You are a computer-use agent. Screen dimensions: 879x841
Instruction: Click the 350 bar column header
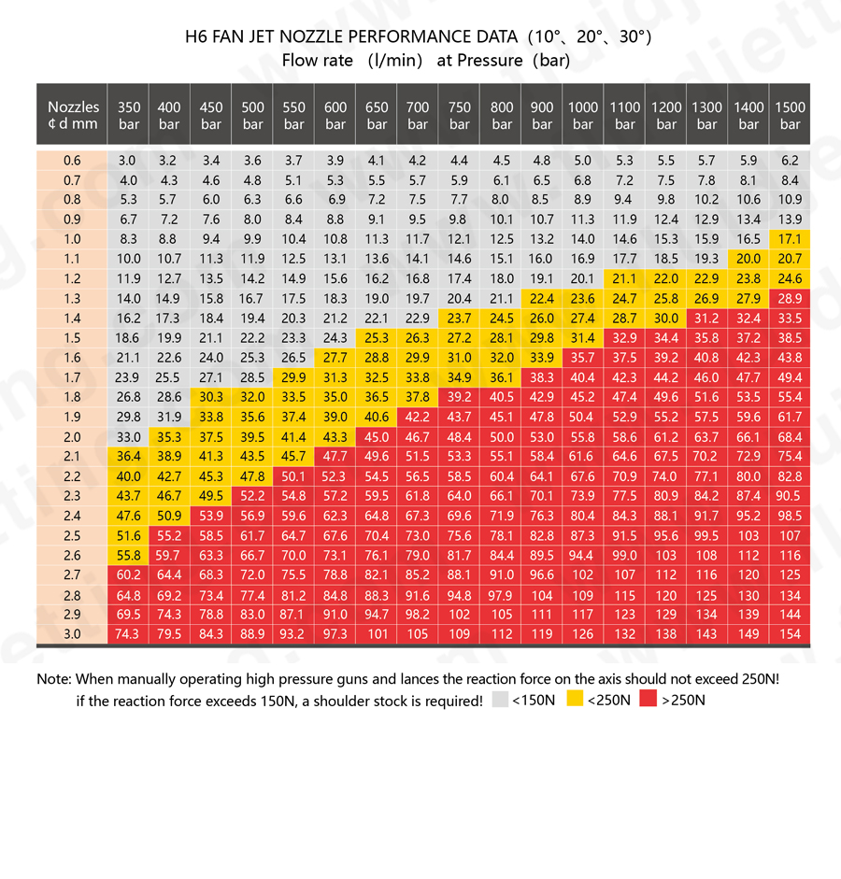pos(129,115)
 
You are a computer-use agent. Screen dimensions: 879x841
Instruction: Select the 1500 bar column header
pos(790,115)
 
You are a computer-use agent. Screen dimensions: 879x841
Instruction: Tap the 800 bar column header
pos(502,115)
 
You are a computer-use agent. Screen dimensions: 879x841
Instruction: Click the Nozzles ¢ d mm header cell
pos(72,115)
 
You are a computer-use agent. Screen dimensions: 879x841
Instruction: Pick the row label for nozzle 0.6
pos(72,161)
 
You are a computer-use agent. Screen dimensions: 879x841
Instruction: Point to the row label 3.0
pos(72,634)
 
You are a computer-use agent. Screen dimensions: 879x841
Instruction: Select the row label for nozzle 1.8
pos(72,397)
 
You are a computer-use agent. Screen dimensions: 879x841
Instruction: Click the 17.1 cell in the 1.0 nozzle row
pos(790,239)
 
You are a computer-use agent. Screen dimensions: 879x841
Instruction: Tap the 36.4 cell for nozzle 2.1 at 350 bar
pos(129,456)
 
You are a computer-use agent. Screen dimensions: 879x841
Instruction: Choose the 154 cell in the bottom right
pos(790,634)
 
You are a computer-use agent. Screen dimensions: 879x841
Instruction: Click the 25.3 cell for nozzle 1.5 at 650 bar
pos(377,338)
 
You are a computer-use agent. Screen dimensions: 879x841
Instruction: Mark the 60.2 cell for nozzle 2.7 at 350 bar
pos(129,574)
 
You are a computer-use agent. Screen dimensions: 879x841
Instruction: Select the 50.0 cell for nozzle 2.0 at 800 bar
pos(502,436)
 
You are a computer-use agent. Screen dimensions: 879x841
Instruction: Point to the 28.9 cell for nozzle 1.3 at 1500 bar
pos(790,299)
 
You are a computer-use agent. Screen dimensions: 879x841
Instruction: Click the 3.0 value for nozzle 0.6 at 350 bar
pos(129,161)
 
